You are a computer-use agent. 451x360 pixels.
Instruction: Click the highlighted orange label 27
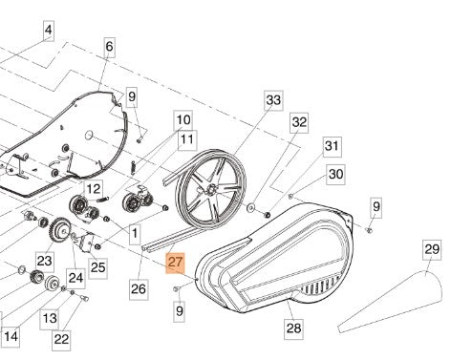point(175,262)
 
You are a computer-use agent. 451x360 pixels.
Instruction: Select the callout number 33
point(274,99)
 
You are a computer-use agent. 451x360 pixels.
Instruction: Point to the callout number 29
point(431,251)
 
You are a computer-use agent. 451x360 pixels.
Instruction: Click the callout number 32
point(300,122)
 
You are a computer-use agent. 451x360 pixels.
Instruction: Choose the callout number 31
point(332,145)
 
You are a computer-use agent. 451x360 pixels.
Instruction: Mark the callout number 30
point(335,174)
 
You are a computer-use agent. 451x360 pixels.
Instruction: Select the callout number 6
point(109,46)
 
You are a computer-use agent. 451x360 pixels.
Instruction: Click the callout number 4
point(48,32)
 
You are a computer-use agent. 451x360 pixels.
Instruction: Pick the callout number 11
point(186,139)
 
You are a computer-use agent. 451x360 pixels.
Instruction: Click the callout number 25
point(97,266)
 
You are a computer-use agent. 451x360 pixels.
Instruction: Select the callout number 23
point(44,261)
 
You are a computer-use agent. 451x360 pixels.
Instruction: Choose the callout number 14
point(11,337)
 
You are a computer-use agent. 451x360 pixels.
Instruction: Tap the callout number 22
point(61,337)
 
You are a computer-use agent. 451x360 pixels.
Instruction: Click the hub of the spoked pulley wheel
point(204,201)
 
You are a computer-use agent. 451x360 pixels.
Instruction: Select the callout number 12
point(94,189)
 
